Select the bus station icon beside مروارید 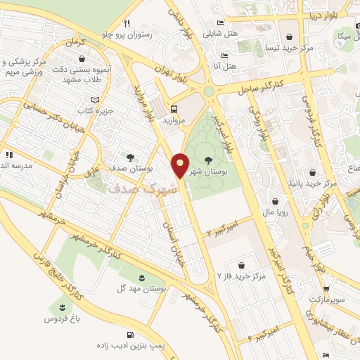coord(173,109)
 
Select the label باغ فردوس coord(60,320)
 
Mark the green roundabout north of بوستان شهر coord(209,91)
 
